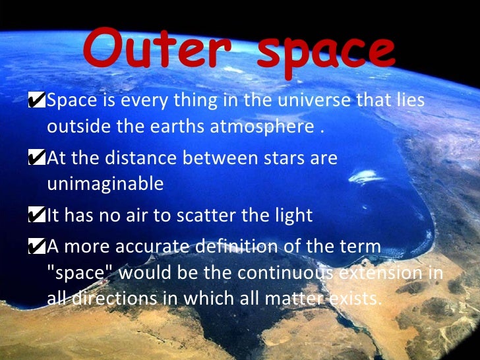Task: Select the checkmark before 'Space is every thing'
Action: tap(38, 101)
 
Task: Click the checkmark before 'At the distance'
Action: tap(38, 158)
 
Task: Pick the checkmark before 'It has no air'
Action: tap(38, 215)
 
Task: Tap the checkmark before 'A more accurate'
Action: tap(38, 247)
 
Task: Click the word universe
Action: tap(313, 102)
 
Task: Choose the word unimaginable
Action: tap(105, 184)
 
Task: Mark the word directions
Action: tap(116, 297)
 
